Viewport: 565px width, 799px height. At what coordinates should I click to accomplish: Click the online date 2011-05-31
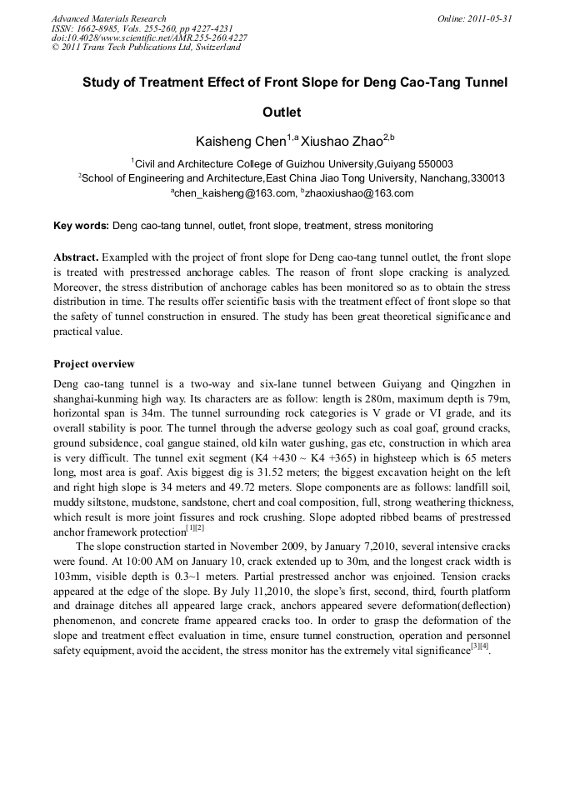pos(487,18)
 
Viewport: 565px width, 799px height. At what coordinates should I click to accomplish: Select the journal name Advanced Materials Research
pos(109,18)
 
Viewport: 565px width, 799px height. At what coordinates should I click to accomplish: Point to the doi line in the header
pos(149,37)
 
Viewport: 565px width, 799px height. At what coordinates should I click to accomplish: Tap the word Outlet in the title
pos(282,112)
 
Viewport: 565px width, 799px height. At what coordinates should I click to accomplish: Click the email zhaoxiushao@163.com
pos(358,193)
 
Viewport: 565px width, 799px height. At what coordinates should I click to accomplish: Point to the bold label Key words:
pos(81,226)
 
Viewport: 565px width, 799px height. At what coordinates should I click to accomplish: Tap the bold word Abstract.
pos(75,257)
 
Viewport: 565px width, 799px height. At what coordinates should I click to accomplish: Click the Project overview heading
pos(93,364)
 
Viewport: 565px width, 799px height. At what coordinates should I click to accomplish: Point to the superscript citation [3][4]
pos(480,647)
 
